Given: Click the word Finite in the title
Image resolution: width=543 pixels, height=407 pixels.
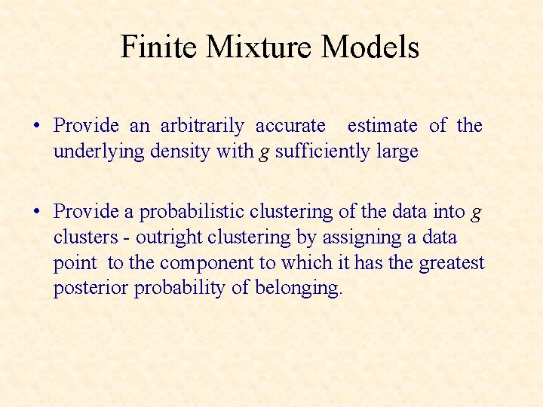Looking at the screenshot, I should click(158, 47).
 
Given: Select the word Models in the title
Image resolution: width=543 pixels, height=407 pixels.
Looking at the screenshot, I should click(370, 47).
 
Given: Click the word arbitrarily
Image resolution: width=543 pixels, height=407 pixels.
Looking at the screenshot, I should click(202, 126).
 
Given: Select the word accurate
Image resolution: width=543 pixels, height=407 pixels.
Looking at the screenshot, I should click(290, 126).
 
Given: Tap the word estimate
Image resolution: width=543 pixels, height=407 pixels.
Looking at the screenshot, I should click(382, 126).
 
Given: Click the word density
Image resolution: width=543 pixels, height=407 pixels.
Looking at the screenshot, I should click(179, 151).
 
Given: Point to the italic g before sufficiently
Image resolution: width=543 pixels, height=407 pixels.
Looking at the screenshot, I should click(263, 153).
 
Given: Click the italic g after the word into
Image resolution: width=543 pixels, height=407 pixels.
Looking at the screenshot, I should click(475, 213).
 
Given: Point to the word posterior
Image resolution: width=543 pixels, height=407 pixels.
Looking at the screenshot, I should click(90, 289).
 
